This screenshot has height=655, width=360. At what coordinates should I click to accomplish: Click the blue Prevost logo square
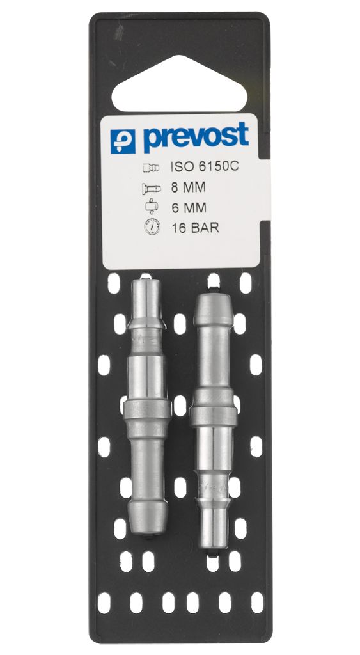[123, 141]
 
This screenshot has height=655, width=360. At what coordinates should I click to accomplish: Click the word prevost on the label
[196, 137]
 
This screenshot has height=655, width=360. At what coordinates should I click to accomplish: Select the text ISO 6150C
[204, 167]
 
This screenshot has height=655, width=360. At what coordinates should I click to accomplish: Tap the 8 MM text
[189, 187]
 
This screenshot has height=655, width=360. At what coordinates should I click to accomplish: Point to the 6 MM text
[189, 208]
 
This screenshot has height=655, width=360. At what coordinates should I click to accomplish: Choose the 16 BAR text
[195, 228]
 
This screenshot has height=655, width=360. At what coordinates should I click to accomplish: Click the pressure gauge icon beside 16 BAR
[152, 227]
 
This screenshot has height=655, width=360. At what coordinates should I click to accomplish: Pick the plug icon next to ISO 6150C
[151, 168]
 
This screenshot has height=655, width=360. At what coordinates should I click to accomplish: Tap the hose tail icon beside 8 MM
[151, 189]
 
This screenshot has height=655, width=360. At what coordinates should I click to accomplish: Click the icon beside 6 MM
[152, 207]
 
